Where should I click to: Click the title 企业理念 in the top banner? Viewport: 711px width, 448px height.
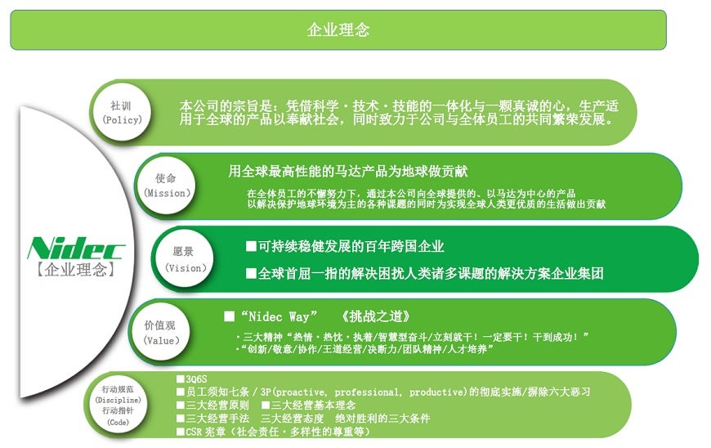tap(338, 30)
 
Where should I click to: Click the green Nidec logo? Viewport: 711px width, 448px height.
tap(76, 248)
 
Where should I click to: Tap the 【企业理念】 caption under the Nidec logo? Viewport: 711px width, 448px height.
tap(76, 269)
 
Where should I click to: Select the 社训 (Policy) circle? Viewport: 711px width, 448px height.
tap(121, 113)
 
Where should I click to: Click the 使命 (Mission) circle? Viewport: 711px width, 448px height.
tap(166, 186)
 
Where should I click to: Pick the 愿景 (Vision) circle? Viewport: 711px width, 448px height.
tap(184, 259)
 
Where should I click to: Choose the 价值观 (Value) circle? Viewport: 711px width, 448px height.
tap(160, 332)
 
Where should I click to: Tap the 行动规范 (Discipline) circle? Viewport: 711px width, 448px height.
tap(118, 405)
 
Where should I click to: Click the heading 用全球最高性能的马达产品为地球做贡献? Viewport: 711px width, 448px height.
tap(348, 172)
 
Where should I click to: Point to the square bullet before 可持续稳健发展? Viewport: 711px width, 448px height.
tap(251, 246)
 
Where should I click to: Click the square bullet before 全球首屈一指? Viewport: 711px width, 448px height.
tap(251, 273)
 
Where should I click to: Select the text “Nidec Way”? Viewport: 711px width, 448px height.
tap(279, 316)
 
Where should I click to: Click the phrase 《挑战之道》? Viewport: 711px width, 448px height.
tap(377, 316)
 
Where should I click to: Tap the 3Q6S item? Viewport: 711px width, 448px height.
tap(196, 379)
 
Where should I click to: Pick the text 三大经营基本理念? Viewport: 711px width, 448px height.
tap(313, 405)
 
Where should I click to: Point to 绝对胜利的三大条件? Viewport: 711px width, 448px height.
tap(382, 418)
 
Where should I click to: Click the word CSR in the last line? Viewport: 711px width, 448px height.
tap(193, 432)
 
